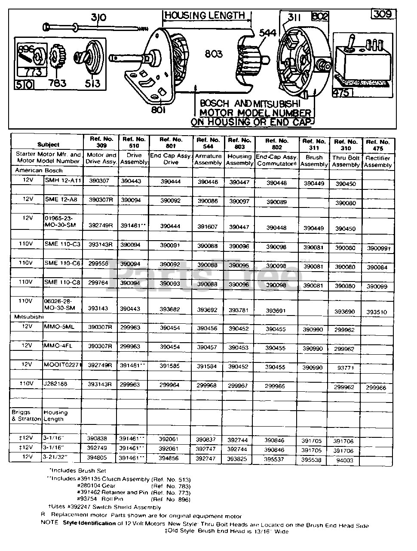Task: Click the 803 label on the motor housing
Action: click(214, 54)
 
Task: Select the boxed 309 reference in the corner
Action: click(382, 14)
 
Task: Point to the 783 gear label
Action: click(57, 83)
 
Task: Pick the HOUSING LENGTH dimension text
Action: click(205, 15)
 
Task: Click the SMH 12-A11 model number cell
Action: click(63, 180)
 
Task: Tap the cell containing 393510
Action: click(377, 312)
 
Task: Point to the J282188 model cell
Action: click(56, 384)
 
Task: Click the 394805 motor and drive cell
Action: click(101, 458)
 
